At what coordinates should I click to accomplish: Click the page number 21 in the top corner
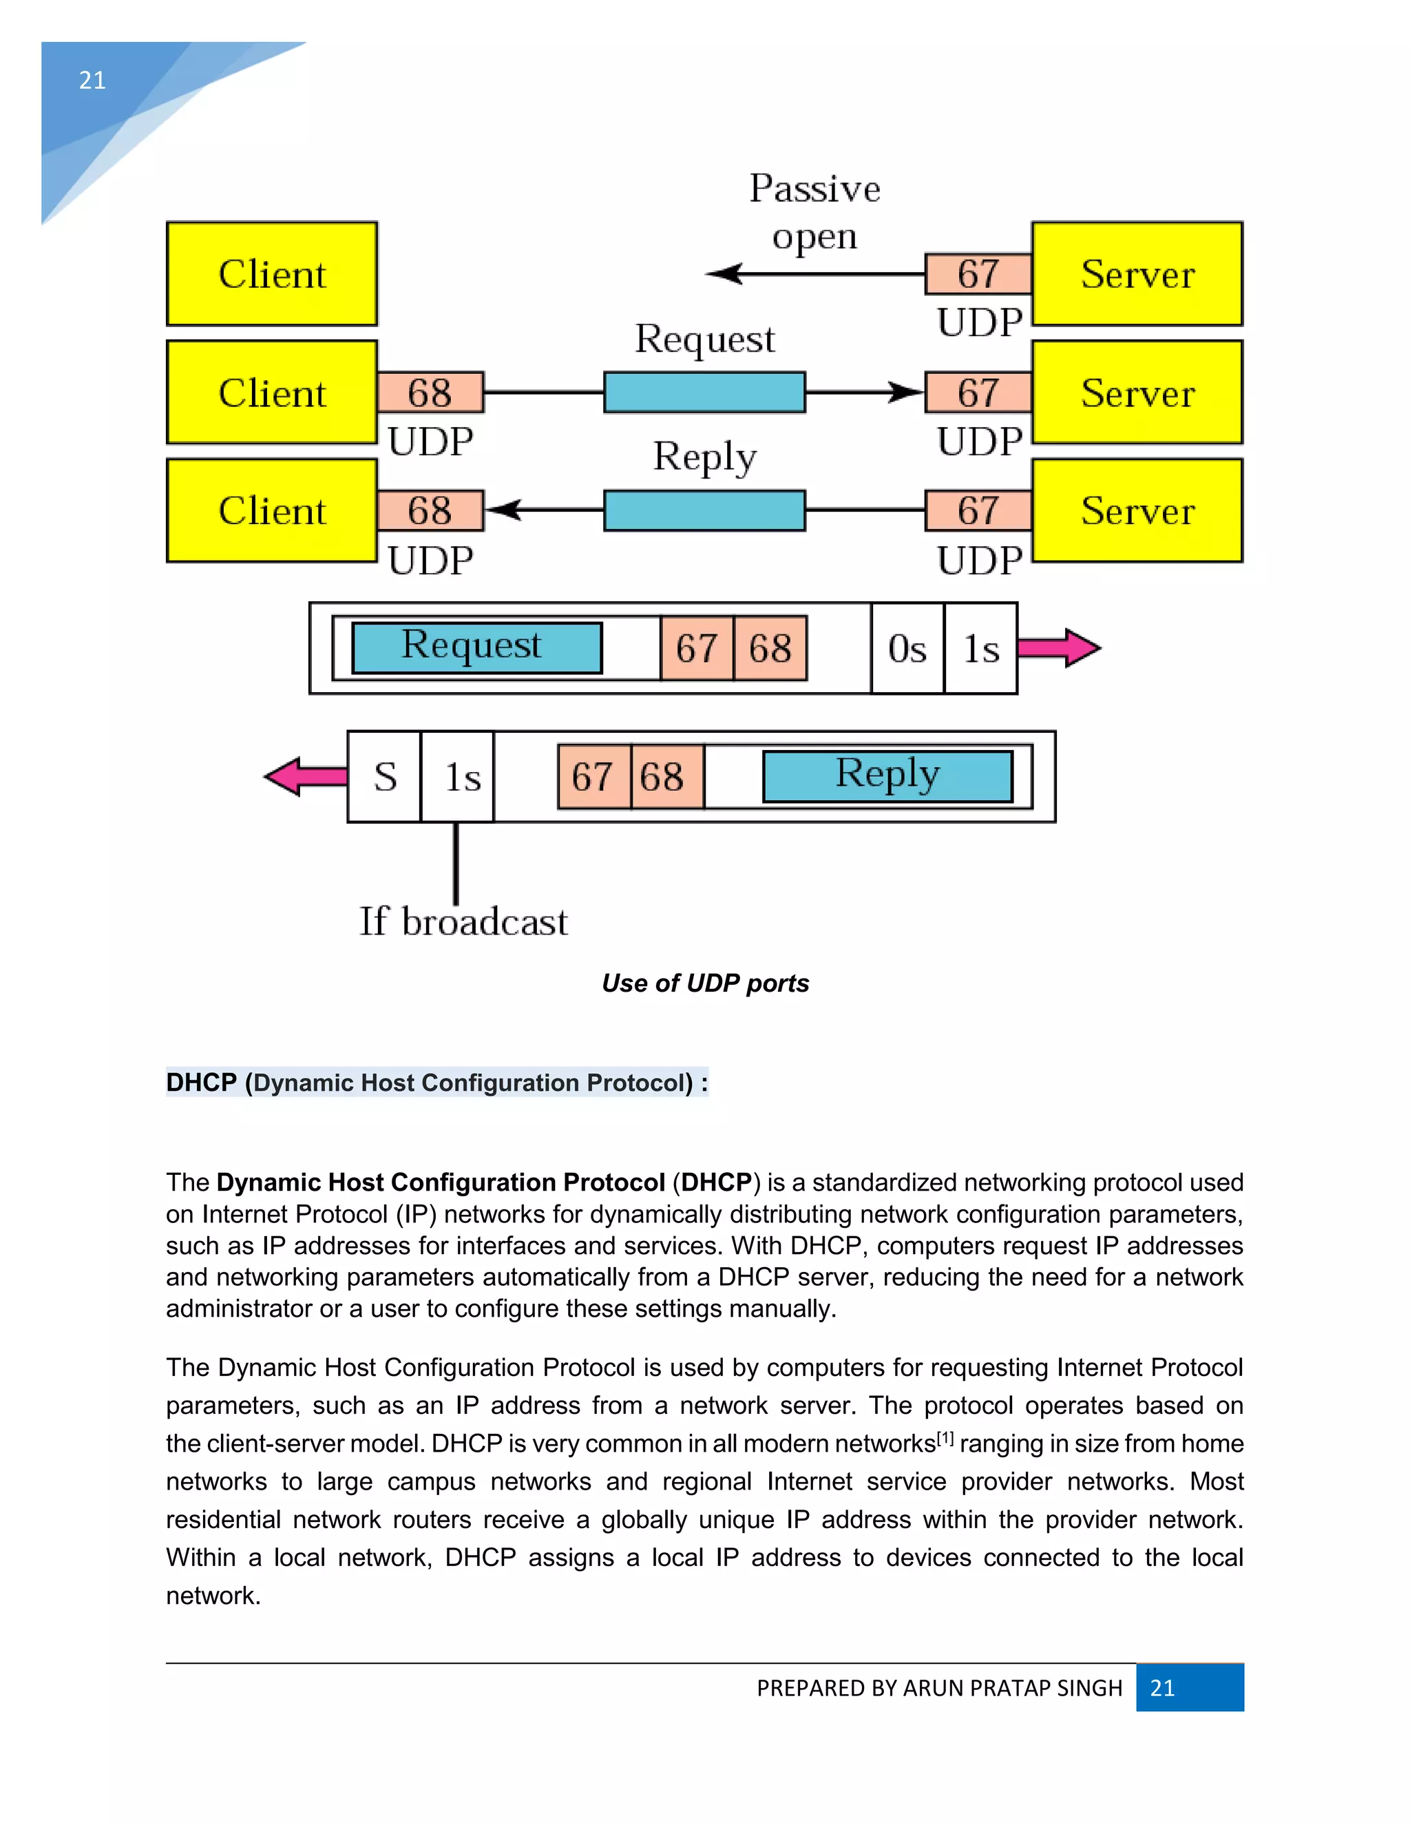(92, 80)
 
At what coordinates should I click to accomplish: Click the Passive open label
(814, 211)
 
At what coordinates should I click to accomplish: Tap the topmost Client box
(273, 274)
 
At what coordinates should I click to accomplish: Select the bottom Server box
(1137, 510)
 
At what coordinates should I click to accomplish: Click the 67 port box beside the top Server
(978, 274)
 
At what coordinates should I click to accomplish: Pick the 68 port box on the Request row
(430, 393)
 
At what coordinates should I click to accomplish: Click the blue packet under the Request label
(704, 393)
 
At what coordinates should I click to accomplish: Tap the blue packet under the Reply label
(704, 510)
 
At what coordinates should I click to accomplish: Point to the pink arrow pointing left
(304, 777)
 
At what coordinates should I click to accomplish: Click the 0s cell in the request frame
(907, 649)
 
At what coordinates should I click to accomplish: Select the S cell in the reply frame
(384, 777)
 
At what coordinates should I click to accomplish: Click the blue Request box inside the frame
(477, 647)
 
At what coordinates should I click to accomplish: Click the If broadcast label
(463, 921)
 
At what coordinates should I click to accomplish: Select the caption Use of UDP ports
(705, 983)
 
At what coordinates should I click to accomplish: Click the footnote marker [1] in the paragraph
(945, 1439)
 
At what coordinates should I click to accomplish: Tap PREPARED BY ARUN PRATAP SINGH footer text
(939, 1688)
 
